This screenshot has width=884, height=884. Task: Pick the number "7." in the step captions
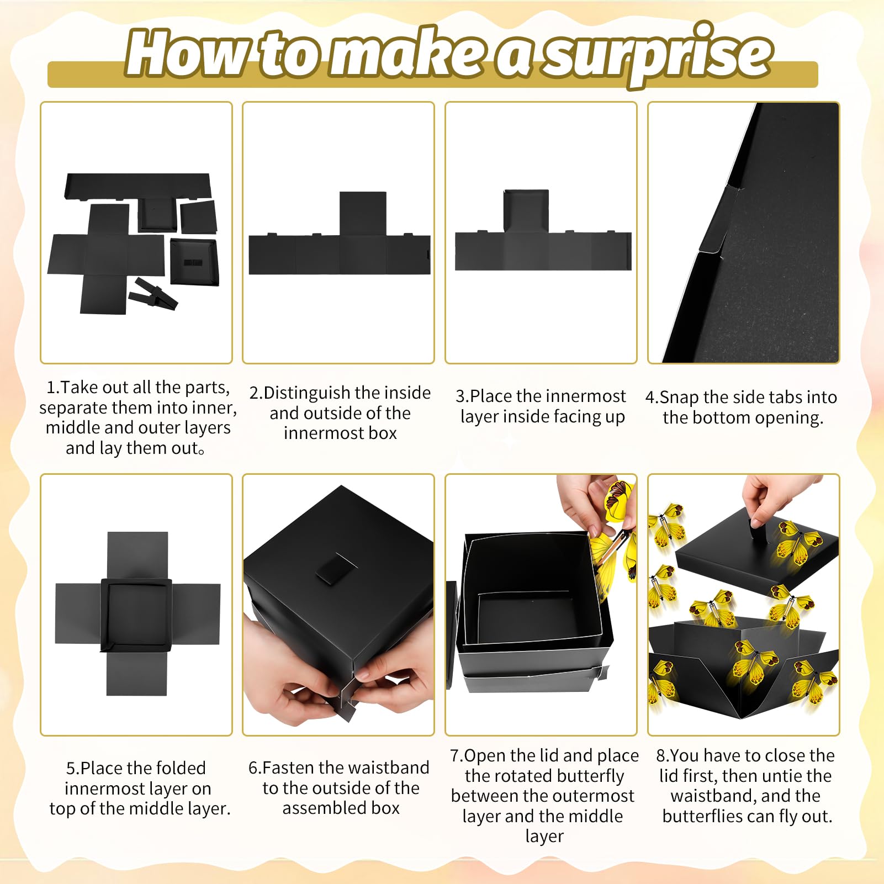coord(457,755)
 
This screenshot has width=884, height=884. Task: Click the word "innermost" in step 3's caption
coord(587,396)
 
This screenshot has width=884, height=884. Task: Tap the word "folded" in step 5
coord(179,768)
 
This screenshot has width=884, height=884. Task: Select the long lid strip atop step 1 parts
coord(138,186)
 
